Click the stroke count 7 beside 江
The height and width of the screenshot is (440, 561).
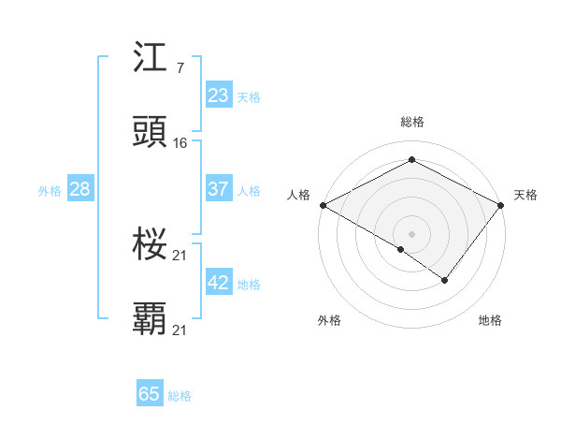pyautogui.click(x=180, y=68)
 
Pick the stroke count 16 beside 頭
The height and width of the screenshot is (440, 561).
pyautogui.click(x=180, y=143)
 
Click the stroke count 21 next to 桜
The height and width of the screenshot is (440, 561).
pyautogui.click(x=180, y=256)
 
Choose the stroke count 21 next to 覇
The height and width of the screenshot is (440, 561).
pyautogui.click(x=180, y=330)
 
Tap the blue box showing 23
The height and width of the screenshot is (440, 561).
pyautogui.click(x=218, y=95)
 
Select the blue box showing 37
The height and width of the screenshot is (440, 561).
pyautogui.click(x=218, y=189)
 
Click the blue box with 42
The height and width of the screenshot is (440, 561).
pyautogui.click(x=218, y=283)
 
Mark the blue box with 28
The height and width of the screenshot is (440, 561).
pyautogui.click(x=79, y=189)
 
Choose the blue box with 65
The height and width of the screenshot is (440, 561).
pyautogui.click(x=150, y=394)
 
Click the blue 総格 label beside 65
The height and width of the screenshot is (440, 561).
pyautogui.click(x=180, y=396)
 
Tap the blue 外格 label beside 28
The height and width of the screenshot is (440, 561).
pyautogui.click(x=50, y=191)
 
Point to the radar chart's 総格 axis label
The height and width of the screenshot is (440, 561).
pyautogui.click(x=411, y=122)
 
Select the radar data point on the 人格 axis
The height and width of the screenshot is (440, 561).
pyautogui.click(x=322, y=204)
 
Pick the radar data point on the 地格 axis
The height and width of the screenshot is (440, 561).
pyautogui.click(x=445, y=280)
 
